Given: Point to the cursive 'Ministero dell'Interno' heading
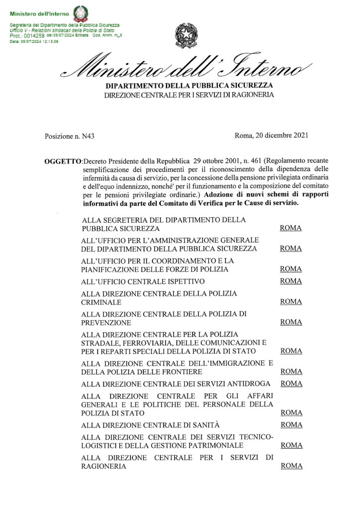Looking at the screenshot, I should [186, 68].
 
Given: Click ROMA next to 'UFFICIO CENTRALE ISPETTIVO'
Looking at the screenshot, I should [291, 281].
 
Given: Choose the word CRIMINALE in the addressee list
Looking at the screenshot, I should [100, 302].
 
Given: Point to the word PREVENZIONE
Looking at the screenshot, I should [105, 322].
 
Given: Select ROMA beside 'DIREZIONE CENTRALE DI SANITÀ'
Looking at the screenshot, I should [291, 424].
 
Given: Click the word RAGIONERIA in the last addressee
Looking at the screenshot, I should [103, 466].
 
